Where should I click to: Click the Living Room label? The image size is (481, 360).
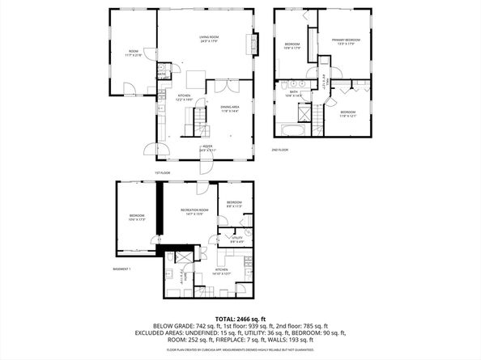pyautogui.click(x=209, y=38)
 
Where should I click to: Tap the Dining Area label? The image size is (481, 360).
pyautogui.click(x=230, y=108)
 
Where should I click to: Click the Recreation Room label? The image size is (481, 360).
pyautogui.click(x=190, y=212)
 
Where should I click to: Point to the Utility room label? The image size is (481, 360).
pyautogui.click(x=237, y=240)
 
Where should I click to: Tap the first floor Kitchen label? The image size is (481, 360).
pyautogui.click(x=185, y=96)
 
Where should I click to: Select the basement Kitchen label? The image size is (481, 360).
pyautogui.click(x=221, y=273)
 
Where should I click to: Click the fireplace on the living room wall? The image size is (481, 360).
pyautogui.click(x=257, y=43)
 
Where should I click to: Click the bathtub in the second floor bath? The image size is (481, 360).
pyautogui.click(x=293, y=129)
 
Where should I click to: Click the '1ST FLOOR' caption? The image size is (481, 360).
pyautogui.click(x=163, y=172)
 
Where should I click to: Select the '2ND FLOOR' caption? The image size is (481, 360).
pyautogui.click(x=280, y=150)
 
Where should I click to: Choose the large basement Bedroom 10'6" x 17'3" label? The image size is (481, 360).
pyautogui.click(x=136, y=217)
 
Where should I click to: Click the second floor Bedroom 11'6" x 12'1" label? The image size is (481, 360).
pyautogui.click(x=347, y=114)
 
